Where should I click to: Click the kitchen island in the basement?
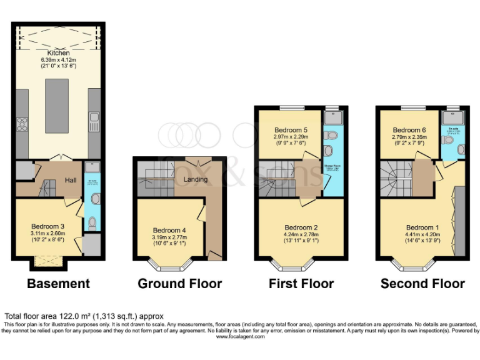[57, 106]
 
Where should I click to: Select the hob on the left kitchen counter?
[21, 122]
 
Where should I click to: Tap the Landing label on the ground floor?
[195, 180]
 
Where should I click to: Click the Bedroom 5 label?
[288, 129]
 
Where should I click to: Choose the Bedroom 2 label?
[301, 227]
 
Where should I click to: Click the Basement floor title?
[58, 284]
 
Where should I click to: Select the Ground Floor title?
[180, 284]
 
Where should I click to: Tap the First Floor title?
[301, 284]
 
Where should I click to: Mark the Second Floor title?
[422, 284]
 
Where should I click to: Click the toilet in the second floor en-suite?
[461, 149]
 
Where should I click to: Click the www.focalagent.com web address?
[240, 337]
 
